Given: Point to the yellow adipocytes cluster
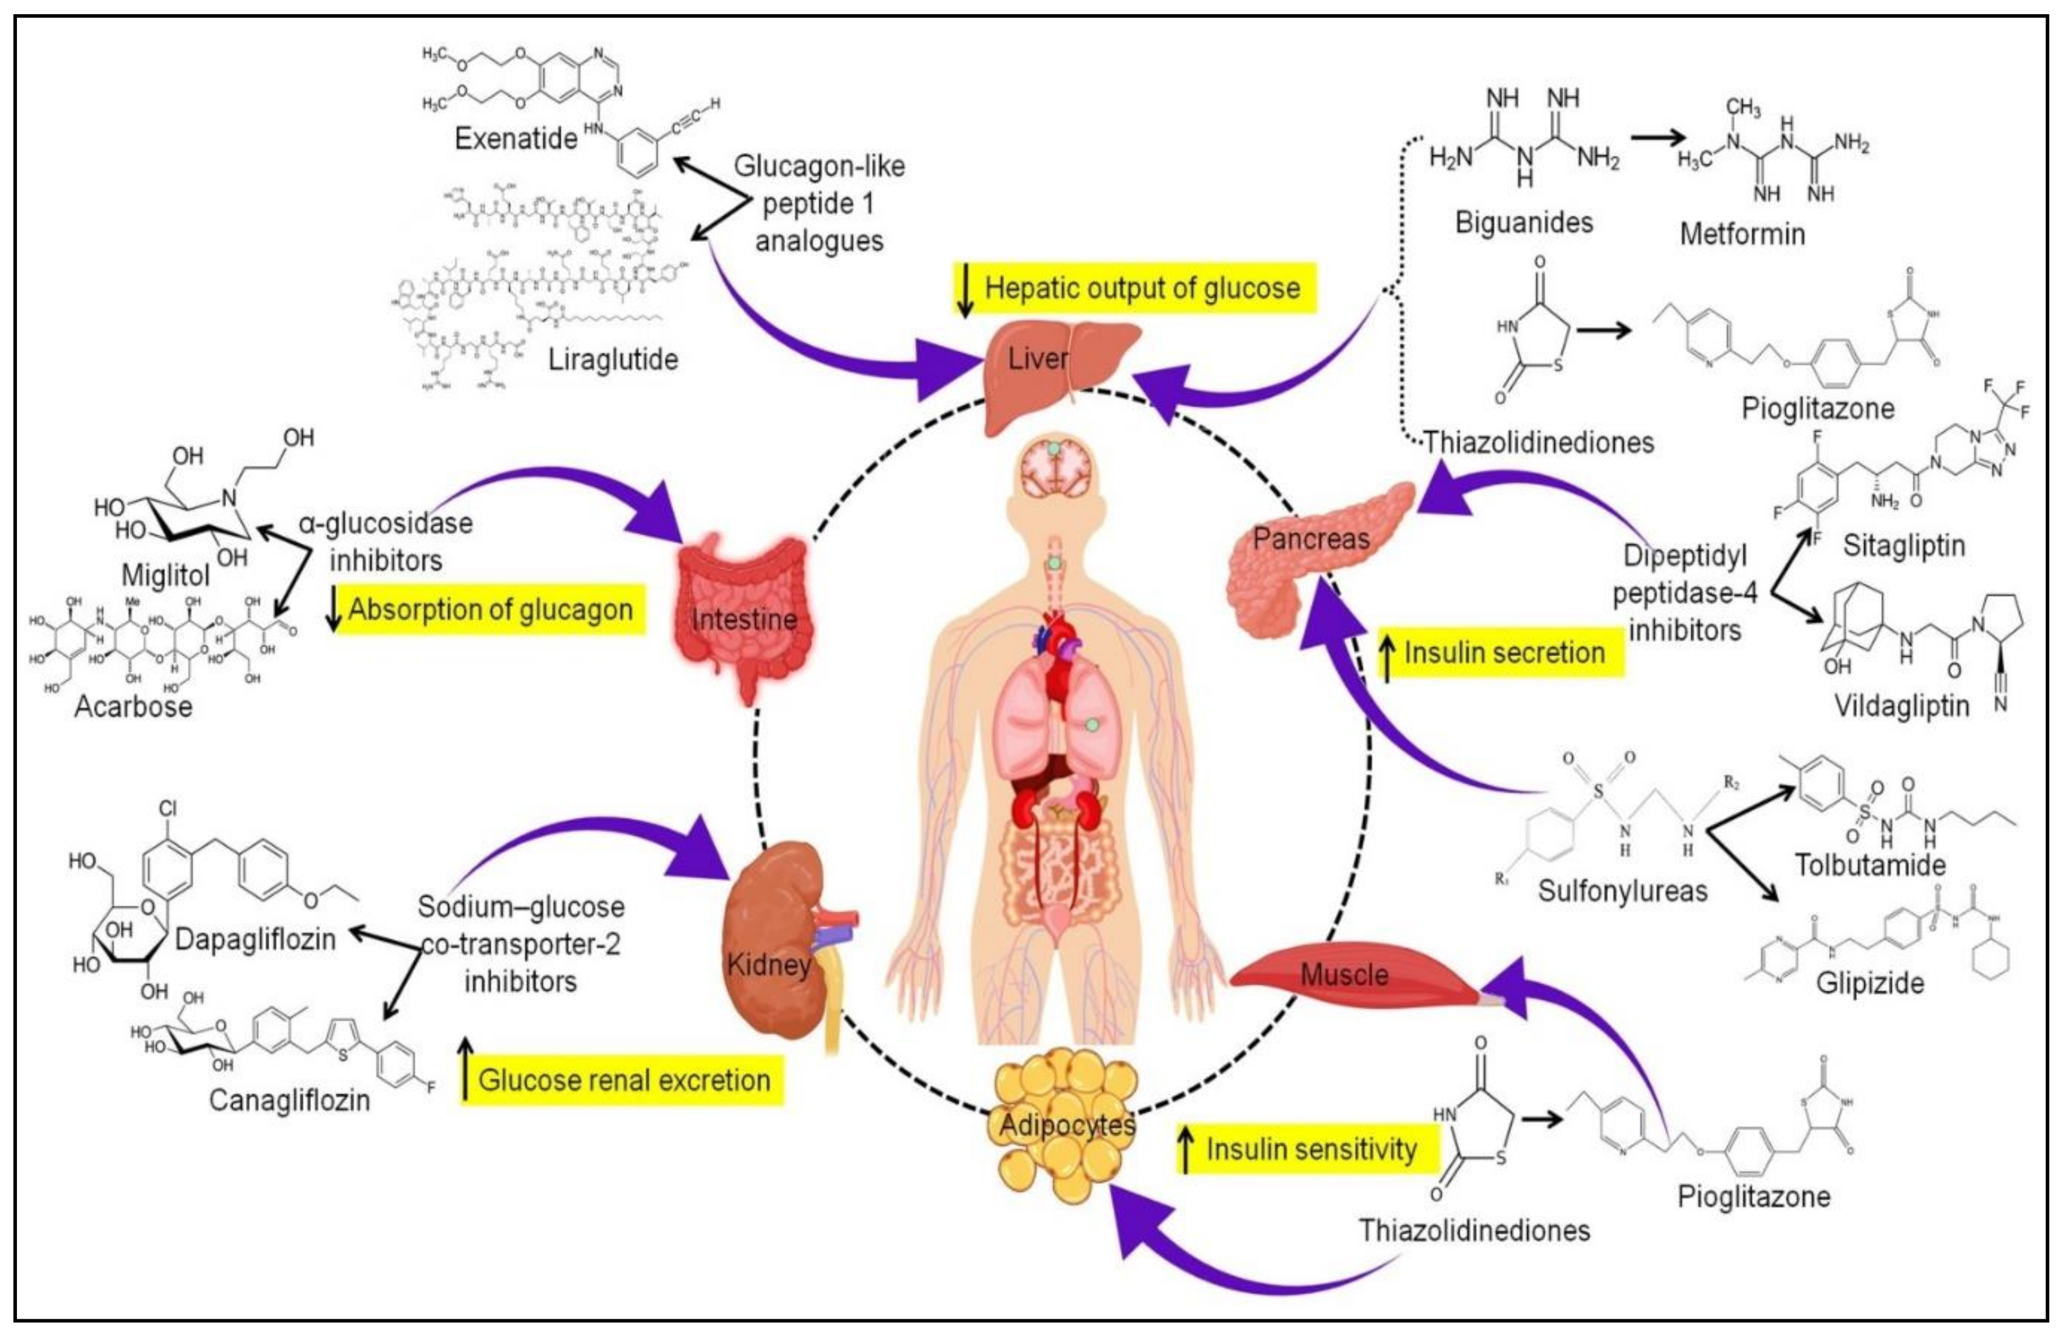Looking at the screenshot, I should coord(1065,1125).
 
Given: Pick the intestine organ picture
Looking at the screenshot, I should coord(745,615).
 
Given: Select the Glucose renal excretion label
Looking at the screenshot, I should coord(623,1080).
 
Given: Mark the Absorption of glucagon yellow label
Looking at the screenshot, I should coord(489,610).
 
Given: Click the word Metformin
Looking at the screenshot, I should coord(1742,234).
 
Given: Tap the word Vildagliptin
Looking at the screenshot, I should coord(1902,706).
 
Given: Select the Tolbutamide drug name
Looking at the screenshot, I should coord(1870,864).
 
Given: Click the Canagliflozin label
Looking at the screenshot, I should coord(289,1100).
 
